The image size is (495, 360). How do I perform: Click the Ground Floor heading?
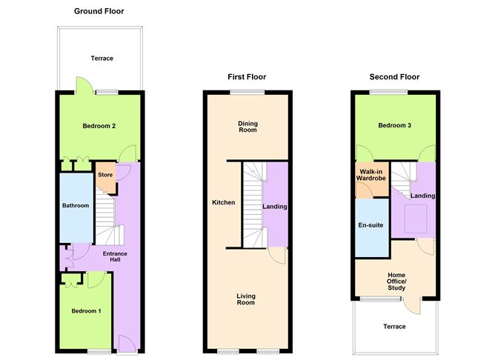pos(99,12)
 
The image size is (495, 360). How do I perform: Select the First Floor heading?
pos(246,77)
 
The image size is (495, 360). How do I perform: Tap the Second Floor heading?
pos(394,77)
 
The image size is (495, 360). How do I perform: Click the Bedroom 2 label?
pos(99,126)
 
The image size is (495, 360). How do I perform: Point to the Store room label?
pos(105,176)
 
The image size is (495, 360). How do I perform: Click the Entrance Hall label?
pos(115,258)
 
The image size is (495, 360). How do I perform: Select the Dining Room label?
pos(247,127)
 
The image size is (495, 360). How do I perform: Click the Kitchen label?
pos(224,202)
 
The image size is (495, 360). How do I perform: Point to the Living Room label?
pos(246,299)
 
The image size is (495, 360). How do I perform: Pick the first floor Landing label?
pos(275,207)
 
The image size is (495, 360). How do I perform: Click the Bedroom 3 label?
pos(394,126)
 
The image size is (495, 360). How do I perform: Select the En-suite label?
pos(371,224)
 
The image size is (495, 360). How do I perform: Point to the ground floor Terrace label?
pos(102,58)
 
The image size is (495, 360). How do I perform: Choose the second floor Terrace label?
pos(394,326)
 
